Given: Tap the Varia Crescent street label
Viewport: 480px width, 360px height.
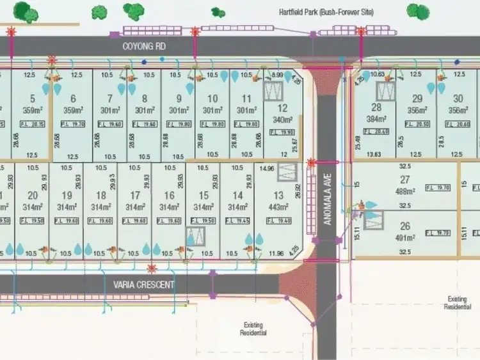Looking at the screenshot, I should [x=144, y=285].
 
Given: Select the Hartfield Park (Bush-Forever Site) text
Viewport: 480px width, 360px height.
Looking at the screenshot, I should [x=326, y=12].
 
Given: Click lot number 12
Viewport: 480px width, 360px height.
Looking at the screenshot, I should [x=282, y=108].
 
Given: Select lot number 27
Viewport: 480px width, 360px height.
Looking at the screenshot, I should [x=404, y=180].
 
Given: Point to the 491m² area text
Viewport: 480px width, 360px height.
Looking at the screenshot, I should [x=404, y=237].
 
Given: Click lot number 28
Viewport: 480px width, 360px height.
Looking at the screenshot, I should [x=376, y=107].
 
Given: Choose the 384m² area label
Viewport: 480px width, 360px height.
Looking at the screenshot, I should [x=376, y=119].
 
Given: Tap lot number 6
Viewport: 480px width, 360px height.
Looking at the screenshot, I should [x=73, y=98].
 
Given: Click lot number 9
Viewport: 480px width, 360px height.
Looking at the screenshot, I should [x=179, y=98].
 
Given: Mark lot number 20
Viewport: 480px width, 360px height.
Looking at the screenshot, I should [x=33, y=196].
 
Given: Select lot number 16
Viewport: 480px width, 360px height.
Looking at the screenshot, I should [x=169, y=196].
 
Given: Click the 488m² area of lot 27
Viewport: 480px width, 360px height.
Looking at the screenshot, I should [x=404, y=191].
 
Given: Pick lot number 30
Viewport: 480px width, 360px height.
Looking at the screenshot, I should [x=458, y=98].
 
